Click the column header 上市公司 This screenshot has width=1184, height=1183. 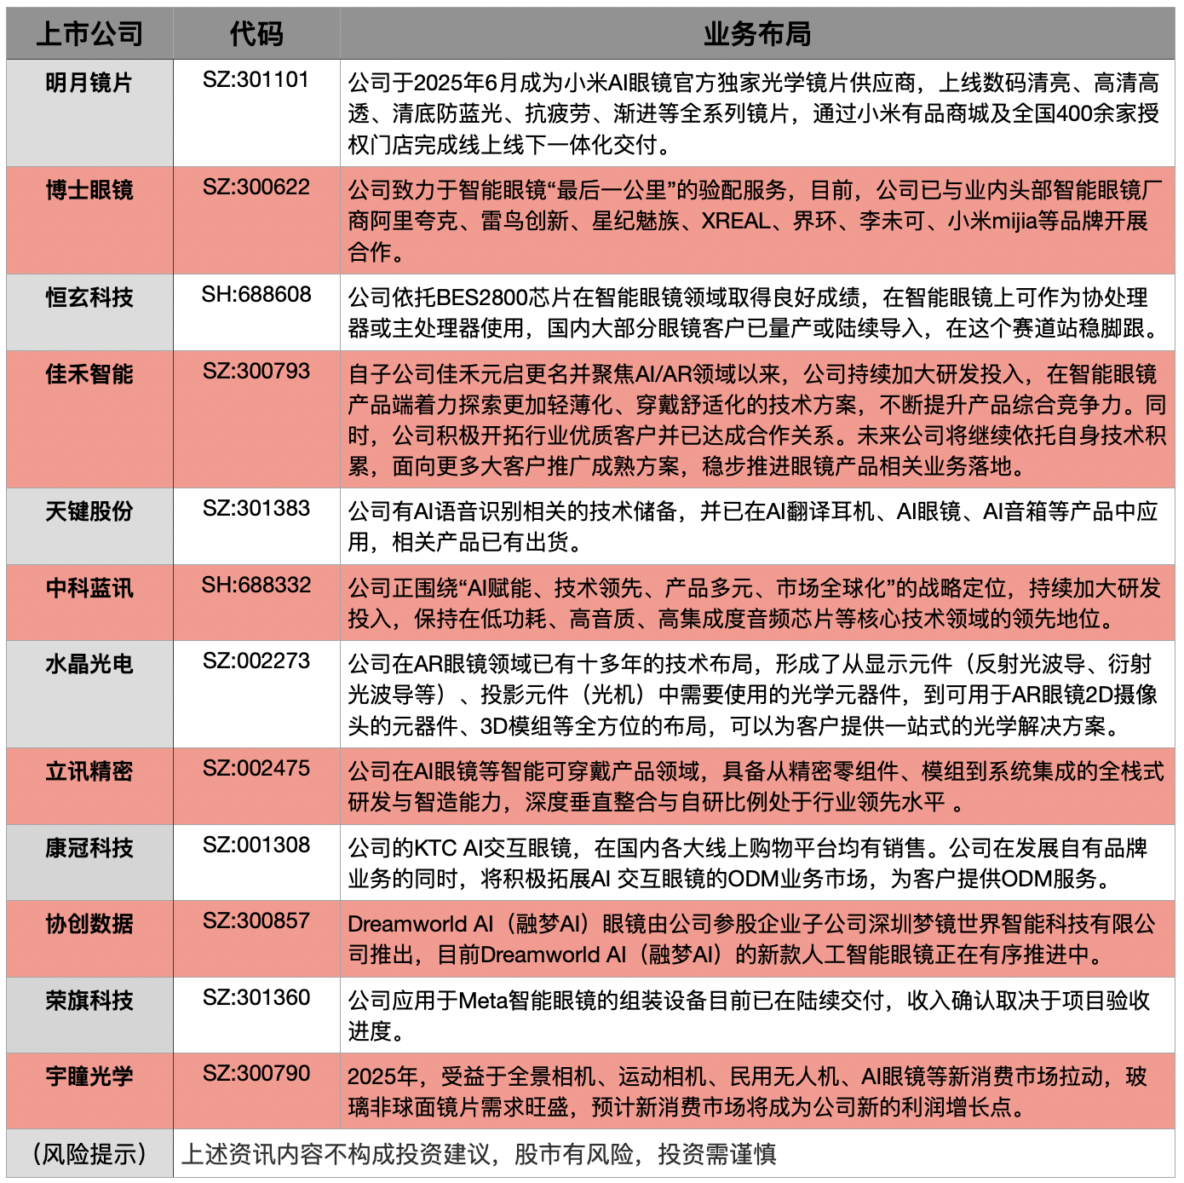coord(89,34)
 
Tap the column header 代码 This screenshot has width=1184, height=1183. coord(256,34)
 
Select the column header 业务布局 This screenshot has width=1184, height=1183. coord(756,34)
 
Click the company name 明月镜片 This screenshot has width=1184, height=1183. coord(89,83)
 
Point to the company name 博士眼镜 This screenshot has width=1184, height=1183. coord(89,190)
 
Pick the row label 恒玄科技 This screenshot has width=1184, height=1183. coord(89,297)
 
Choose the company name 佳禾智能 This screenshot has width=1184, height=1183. coord(89,374)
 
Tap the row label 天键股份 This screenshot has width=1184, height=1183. coord(89,511)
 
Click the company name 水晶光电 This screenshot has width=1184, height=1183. coord(89,664)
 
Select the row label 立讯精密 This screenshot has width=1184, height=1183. coord(89,771)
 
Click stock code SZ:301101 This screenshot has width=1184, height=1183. coord(256,80)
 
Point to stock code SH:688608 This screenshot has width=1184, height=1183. coord(256,295)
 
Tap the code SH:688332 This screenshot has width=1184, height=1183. coord(256,586)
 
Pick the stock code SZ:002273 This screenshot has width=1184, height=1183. coord(256,661)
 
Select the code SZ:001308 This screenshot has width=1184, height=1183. coord(256,845)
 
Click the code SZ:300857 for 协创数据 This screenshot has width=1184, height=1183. coord(256,921)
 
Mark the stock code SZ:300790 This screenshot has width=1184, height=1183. coord(256,1074)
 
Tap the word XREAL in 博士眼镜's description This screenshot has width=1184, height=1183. coord(736,222)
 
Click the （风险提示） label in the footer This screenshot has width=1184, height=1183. coord(89,1154)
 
